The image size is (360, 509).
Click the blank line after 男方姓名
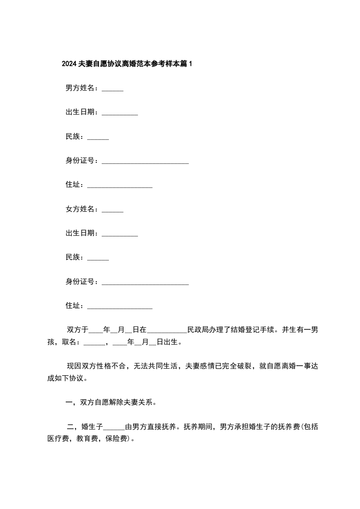coord(113,89)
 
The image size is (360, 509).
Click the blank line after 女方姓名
coord(113,210)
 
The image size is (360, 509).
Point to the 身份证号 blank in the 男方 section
coord(145,162)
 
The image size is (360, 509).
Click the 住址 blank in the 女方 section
coord(119,308)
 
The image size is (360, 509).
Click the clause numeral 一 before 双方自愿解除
coord(69,402)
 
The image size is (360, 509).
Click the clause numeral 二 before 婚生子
coord(70,426)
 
